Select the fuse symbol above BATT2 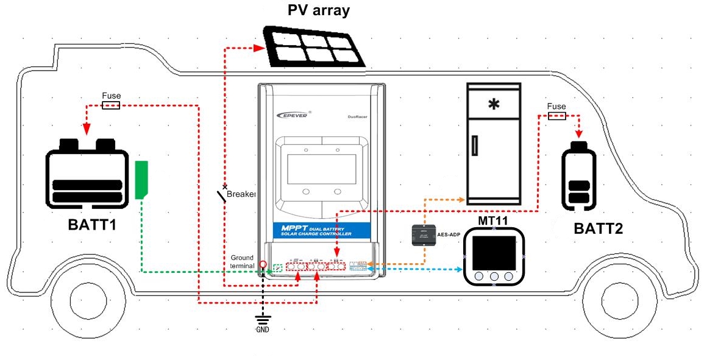[x=556, y=116]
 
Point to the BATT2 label [x=599, y=229]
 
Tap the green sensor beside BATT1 [x=142, y=180]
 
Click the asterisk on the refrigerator [x=493, y=105]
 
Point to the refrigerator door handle [x=475, y=146]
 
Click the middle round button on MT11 [x=494, y=277]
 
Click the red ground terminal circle [x=263, y=265]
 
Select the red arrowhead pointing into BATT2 [x=580, y=132]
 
